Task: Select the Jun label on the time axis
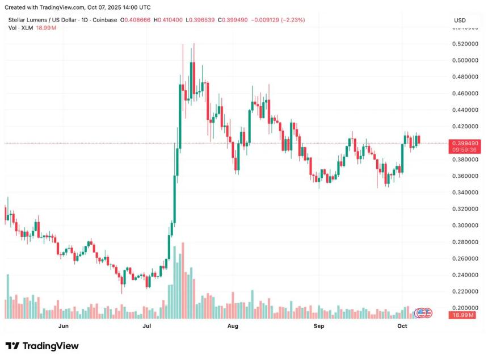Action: (x=64, y=326)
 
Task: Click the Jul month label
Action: (x=147, y=326)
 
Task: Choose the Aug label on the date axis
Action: (x=232, y=326)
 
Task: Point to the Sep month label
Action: (x=319, y=326)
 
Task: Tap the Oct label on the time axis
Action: (x=402, y=326)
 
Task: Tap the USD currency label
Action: (x=460, y=20)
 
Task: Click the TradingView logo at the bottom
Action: (x=42, y=346)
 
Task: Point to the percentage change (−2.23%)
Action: (x=288, y=20)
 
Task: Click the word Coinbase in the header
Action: (x=104, y=20)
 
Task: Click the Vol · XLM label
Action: (x=20, y=28)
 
